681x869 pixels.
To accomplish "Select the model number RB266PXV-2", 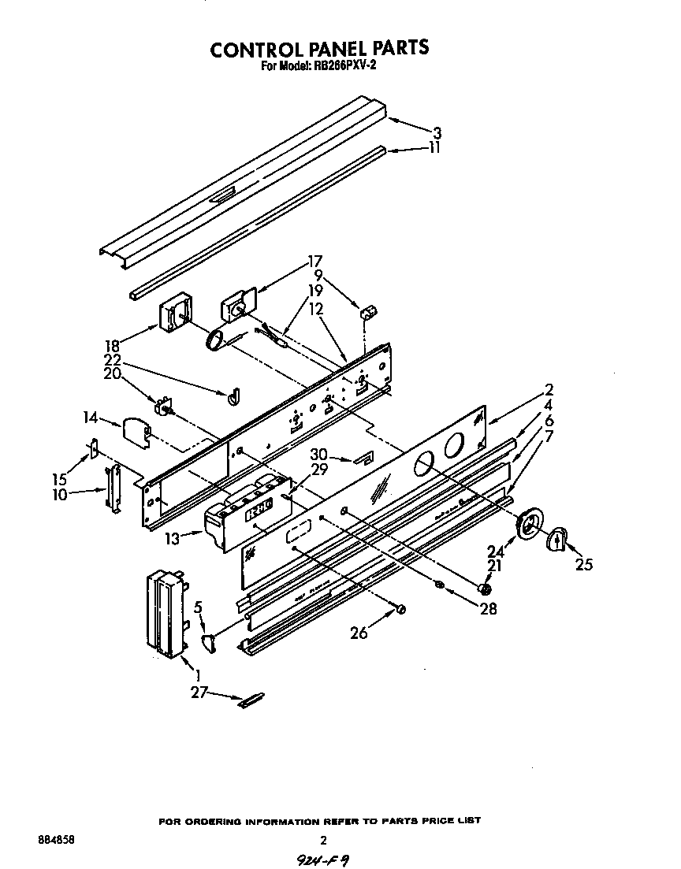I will [340, 67].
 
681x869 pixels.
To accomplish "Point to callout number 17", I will [315, 261].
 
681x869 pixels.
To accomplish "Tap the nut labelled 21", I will [486, 588].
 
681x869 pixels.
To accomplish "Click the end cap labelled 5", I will [209, 642].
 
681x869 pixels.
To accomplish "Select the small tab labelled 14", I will [136, 433].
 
